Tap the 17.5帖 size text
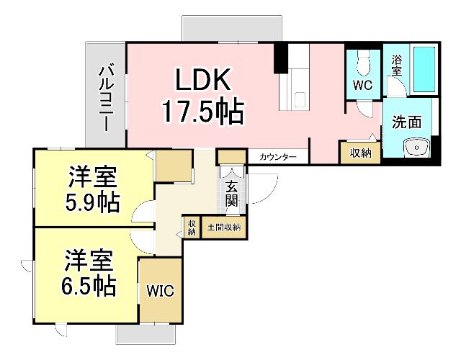pos(202,111)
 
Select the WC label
pos(362,84)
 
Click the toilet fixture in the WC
pos(362,63)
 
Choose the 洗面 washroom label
pos(406,122)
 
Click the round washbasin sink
pos(416,148)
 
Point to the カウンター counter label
pos(278,156)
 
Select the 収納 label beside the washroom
pos(360,153)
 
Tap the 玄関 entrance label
pos(231,193)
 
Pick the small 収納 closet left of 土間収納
pos(192,228)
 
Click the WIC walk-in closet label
pos(161,291)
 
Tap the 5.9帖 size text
pos(89,201)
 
